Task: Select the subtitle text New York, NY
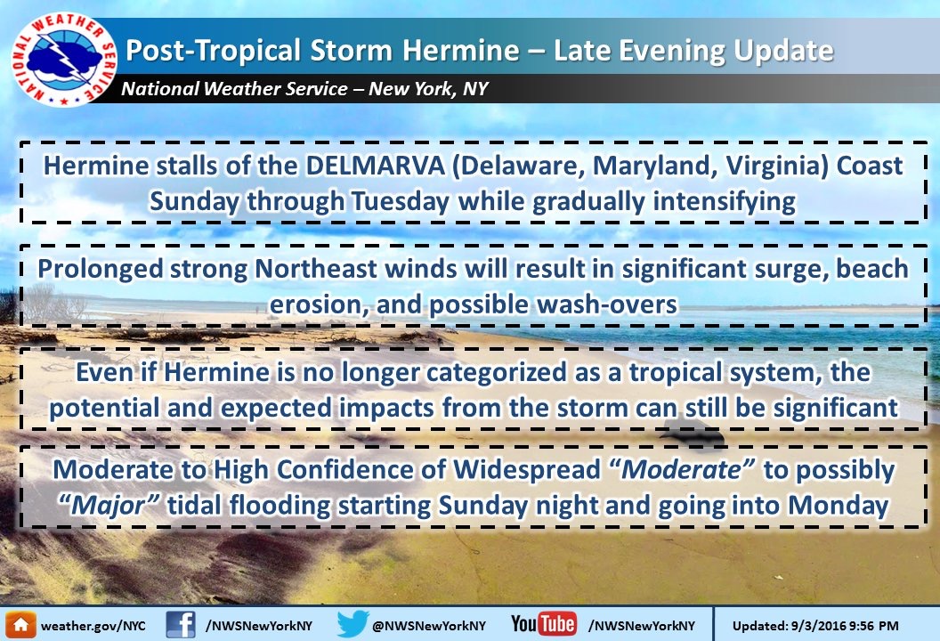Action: point(428,89)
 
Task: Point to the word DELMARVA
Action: point(375,166)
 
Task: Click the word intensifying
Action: point(724,202)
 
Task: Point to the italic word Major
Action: point(108,506)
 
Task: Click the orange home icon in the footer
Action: point(20,625)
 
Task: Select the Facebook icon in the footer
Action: point(181,625)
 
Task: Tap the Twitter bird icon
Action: point(352,624)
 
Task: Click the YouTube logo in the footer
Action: point(544,624)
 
